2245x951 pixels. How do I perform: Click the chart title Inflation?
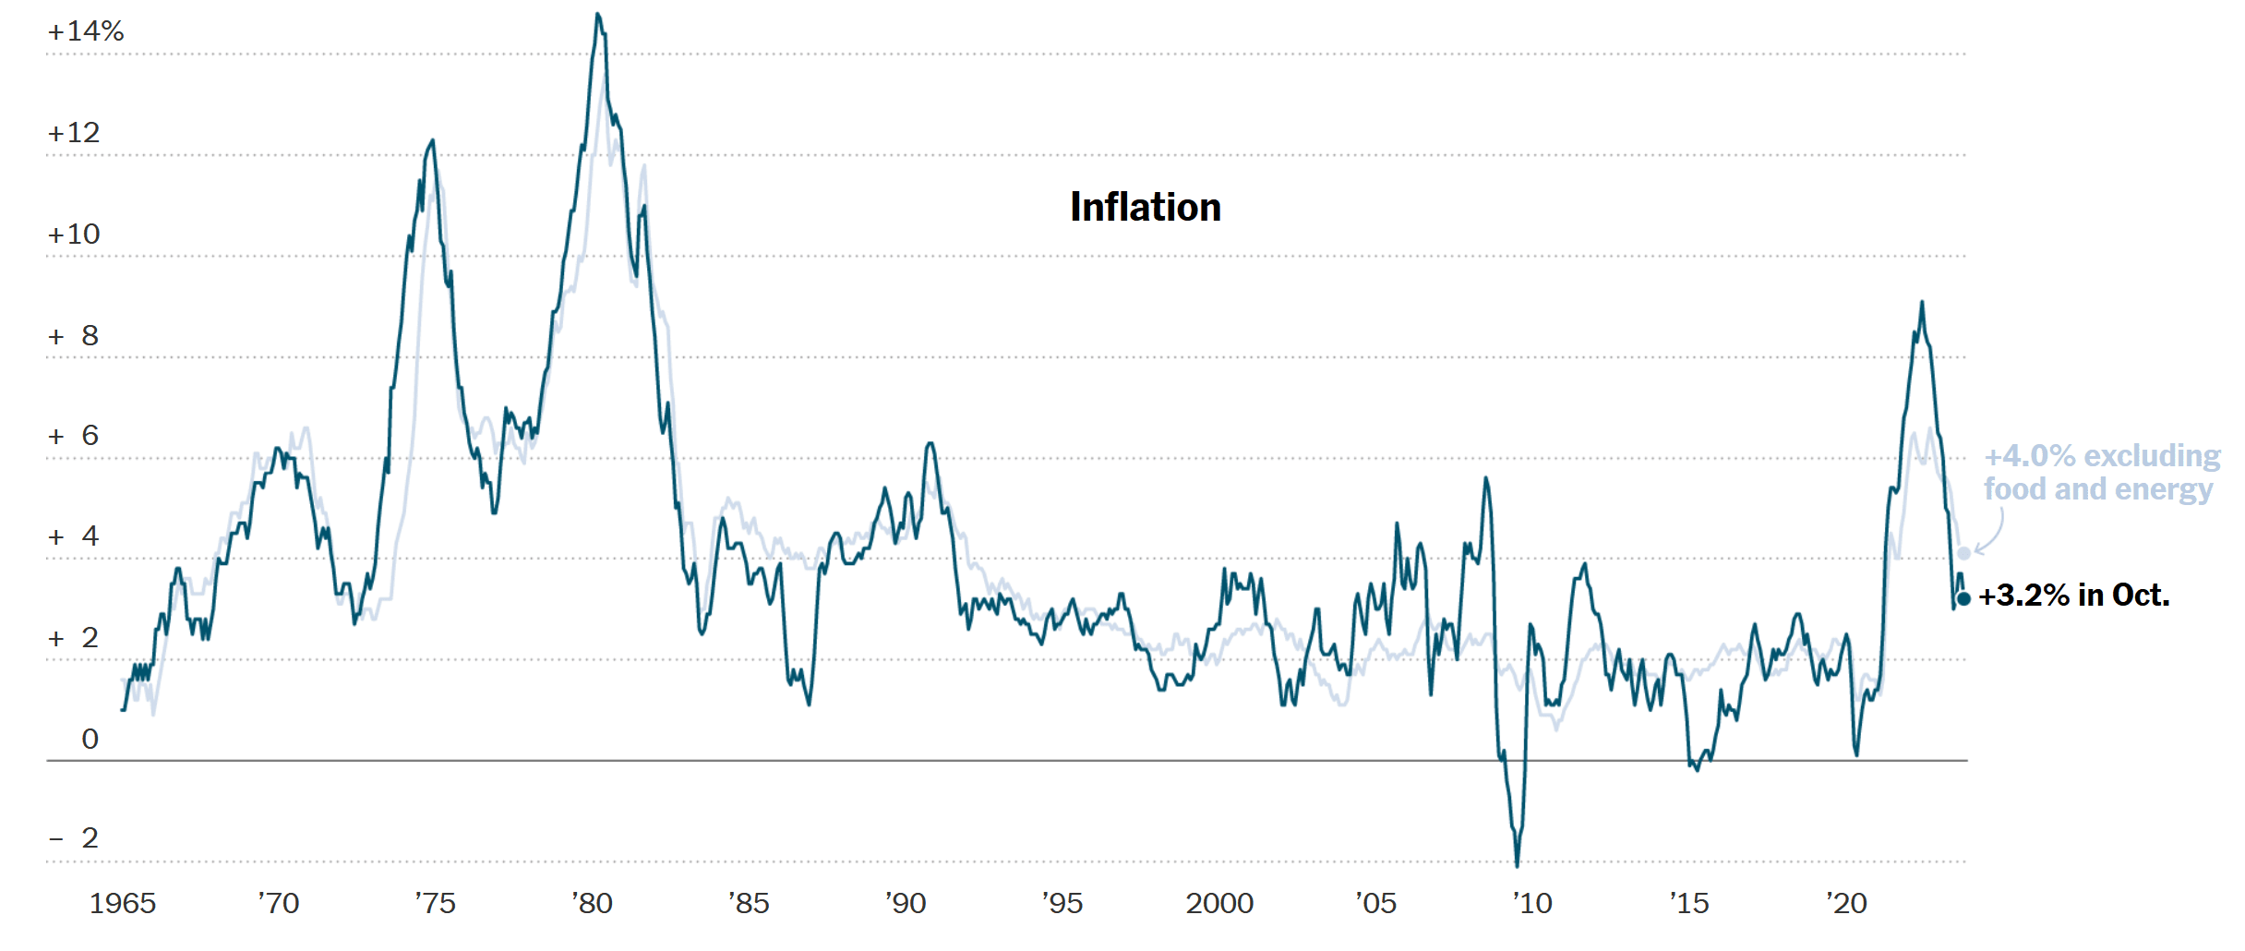coord(1145,207)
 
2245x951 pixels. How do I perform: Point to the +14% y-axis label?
coord(85,32)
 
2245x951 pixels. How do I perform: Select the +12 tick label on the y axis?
coord(74,133)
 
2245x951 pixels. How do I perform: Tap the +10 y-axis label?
coord(74,235)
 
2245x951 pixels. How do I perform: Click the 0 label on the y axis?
coord(90,739)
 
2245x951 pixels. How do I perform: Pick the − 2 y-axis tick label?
coord(74,838)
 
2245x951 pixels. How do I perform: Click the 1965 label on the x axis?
coord(122,903)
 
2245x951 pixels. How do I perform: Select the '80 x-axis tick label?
coord(592,903)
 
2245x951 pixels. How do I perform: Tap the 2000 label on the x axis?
coord(1219,903)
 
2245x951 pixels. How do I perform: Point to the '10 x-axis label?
coord(1532,903)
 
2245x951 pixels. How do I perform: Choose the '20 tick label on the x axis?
coord(1846,903)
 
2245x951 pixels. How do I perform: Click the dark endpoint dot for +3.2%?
coord(1963,599)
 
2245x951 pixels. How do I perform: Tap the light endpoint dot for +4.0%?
coord(1964,553)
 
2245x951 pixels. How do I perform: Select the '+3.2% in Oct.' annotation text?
coord(2073,596)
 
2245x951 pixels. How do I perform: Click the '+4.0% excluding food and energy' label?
coord(2100,473)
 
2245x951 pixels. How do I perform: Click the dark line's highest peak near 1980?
coord(597,15)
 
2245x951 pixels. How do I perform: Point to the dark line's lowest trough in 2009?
coord(1517,864)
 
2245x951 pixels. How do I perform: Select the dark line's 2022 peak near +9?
coord(1922,303)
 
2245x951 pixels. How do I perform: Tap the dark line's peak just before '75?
coord(432,141)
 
